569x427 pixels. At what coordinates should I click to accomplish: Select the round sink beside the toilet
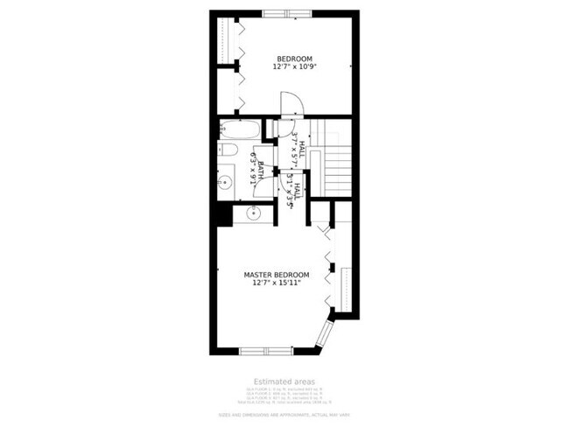(226, 184)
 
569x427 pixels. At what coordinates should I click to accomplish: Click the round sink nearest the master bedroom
(255, 212)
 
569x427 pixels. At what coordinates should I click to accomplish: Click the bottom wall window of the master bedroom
(266, 350)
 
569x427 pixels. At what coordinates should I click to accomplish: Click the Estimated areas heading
(284, 381)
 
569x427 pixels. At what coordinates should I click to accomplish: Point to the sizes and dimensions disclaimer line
(284, 414)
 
